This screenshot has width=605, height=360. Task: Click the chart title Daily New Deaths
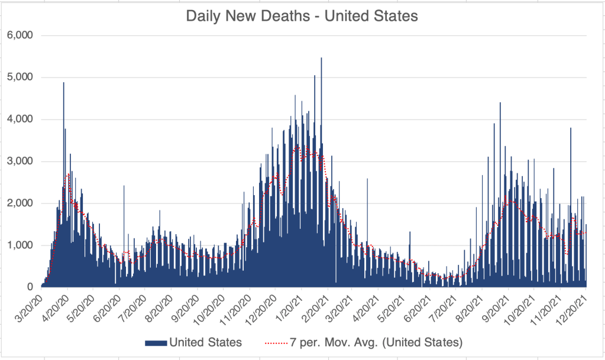coord(302,16)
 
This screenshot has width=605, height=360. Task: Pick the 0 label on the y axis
coord(30,287)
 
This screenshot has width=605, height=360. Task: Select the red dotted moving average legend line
coord(274,342)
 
